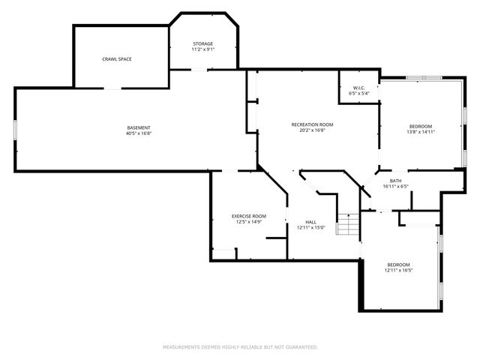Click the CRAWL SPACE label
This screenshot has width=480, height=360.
tap(117, 58)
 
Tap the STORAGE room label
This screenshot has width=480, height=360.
tap(203, 43)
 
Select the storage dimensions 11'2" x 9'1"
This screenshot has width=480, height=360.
tap(203, 50)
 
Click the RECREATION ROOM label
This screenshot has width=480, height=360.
tap(312, 124)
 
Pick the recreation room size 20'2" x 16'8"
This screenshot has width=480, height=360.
tap(312, 130)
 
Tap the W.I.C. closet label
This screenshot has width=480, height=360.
tap(358, 88)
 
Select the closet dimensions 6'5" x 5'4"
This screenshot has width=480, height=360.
tap(358, 94)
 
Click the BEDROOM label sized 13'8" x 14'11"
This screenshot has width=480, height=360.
tap(420, 125)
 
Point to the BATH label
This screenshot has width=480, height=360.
tap(395, 180)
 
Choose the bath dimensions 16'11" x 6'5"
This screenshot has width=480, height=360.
tap(395, 186)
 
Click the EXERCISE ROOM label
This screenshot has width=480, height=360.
tap(248, 216)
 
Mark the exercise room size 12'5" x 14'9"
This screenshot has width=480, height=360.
tap(248, 222)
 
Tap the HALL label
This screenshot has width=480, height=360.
tap(310, 221)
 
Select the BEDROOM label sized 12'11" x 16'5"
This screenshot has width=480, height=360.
tap(398, 264)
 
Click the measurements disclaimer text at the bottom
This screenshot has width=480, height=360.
tap(240, 347)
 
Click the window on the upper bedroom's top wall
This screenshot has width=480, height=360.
tap(423, 77)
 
